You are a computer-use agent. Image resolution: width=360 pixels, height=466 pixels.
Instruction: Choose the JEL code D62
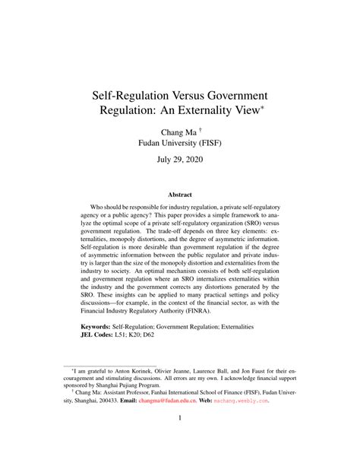[x=171, y=357]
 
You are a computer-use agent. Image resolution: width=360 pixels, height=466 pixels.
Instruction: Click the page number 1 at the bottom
[x=180, y=439]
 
